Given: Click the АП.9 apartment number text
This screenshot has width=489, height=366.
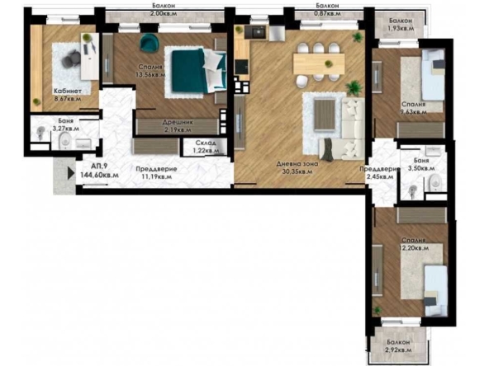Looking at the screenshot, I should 87,165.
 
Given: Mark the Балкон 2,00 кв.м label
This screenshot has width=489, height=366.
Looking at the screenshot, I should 168,9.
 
